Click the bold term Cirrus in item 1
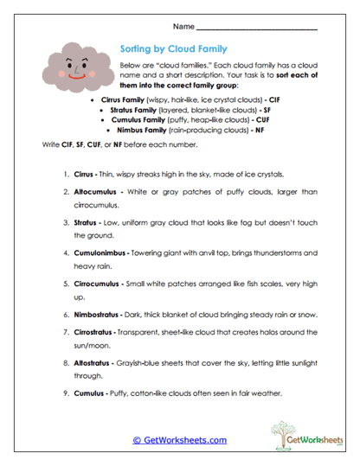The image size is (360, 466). click(89, 162)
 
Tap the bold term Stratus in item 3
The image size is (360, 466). click(90, 222)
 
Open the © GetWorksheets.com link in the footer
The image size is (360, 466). click(180, 440)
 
